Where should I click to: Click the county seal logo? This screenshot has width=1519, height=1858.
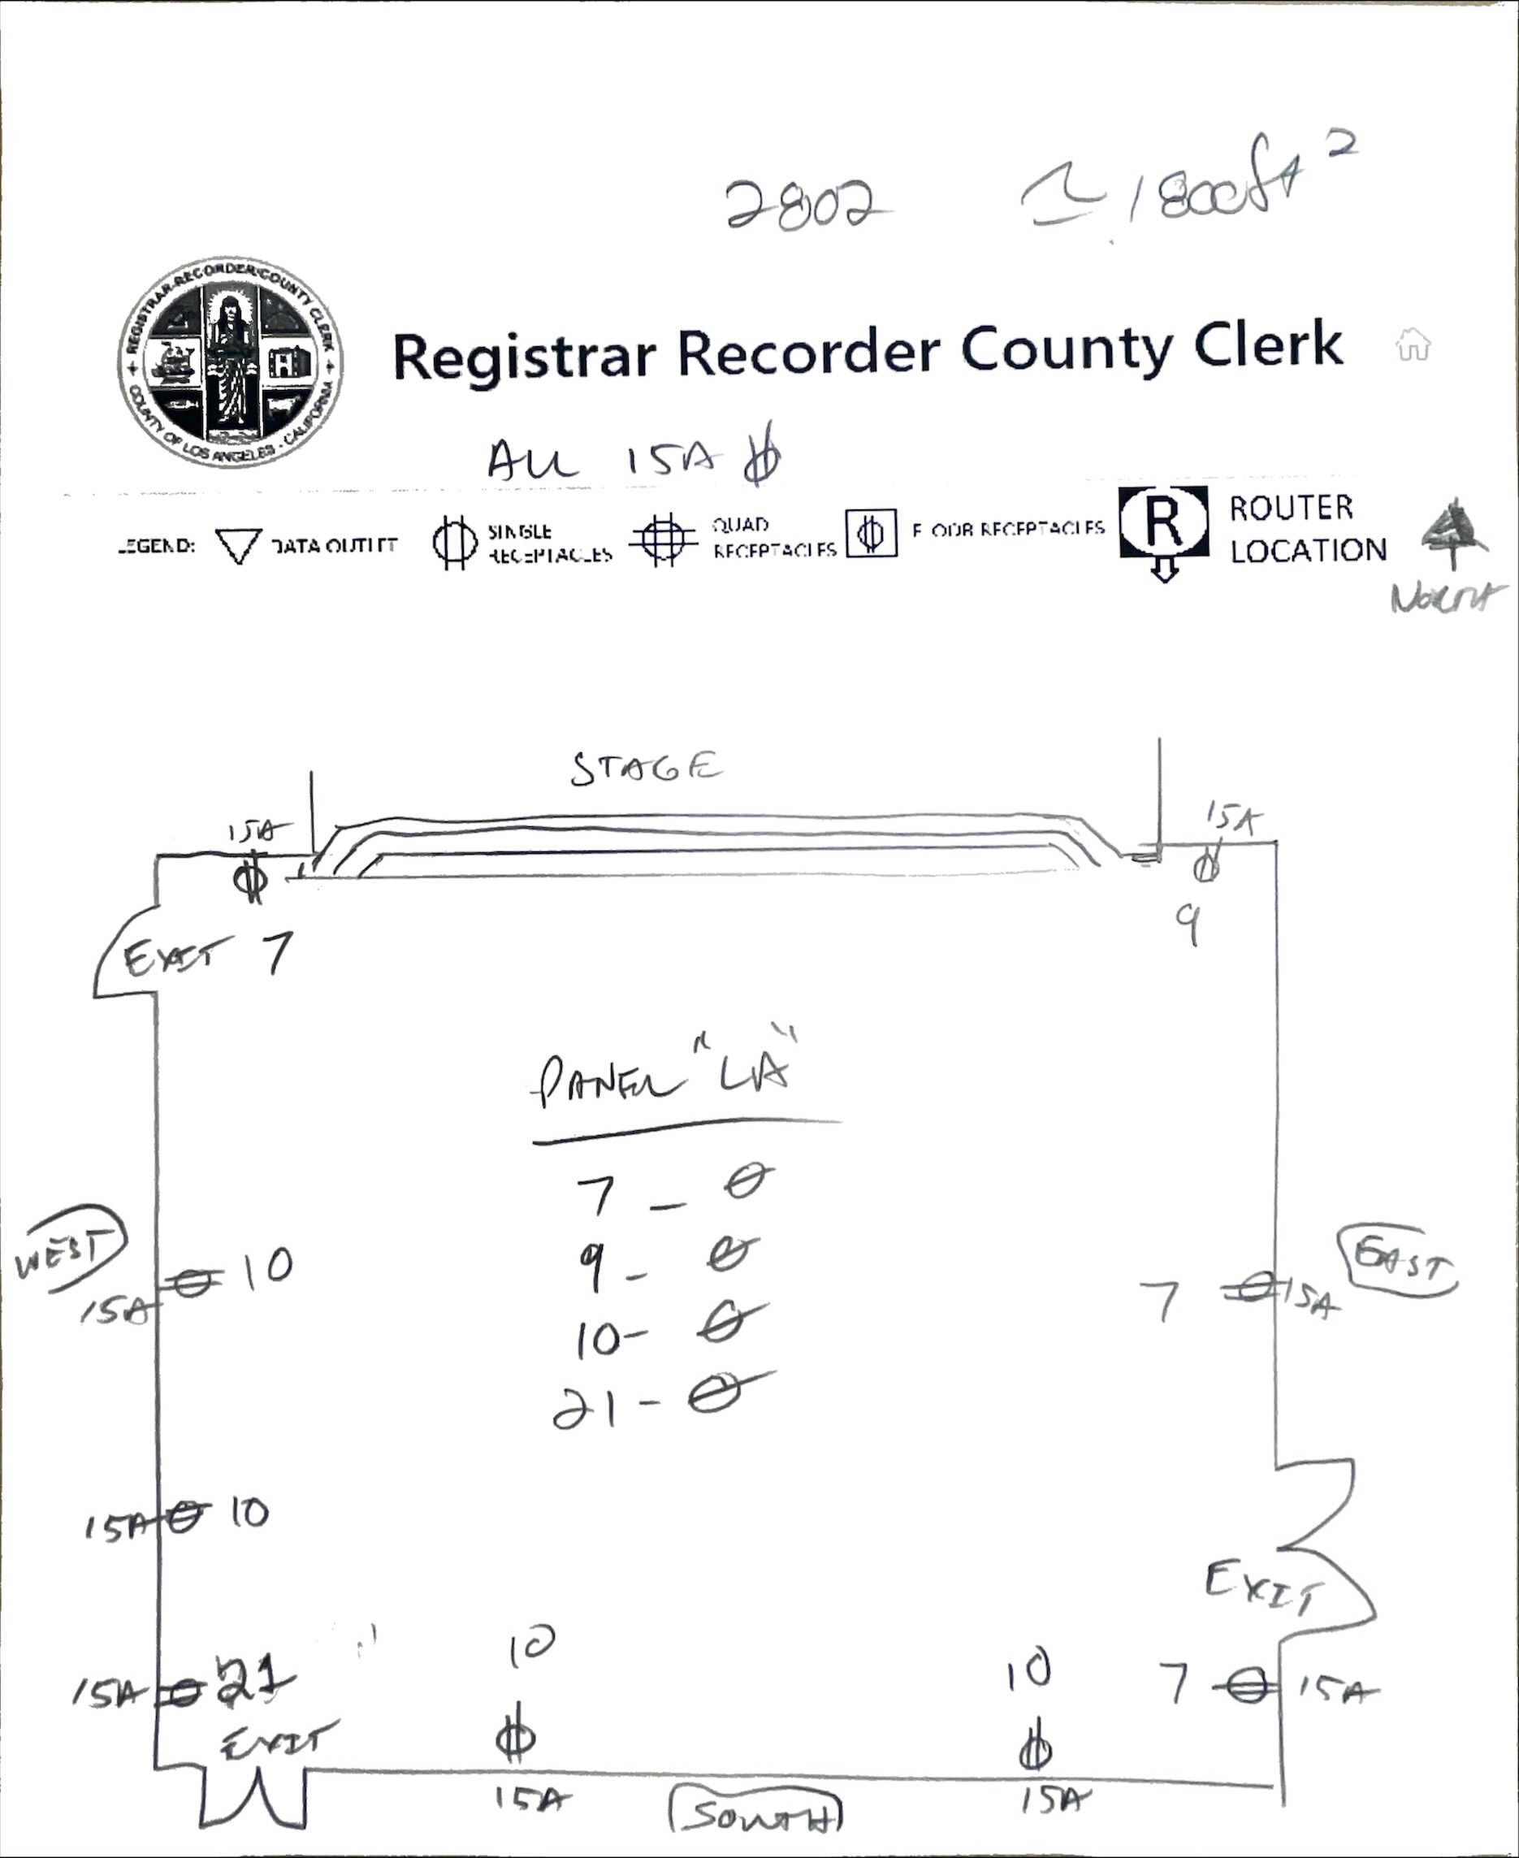pos(231,363)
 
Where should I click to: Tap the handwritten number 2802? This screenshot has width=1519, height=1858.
pos(801,205)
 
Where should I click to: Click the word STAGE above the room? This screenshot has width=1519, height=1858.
pos(647,769)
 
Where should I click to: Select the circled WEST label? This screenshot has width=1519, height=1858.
pos(70,1249)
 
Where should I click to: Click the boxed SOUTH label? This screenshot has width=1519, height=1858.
pos(755,1815)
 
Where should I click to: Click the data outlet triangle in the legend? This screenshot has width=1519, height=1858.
pos(237,544)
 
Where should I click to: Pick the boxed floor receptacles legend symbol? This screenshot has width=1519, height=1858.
pos(871,532)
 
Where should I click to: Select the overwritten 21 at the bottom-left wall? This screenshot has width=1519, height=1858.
pos(253,1681)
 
